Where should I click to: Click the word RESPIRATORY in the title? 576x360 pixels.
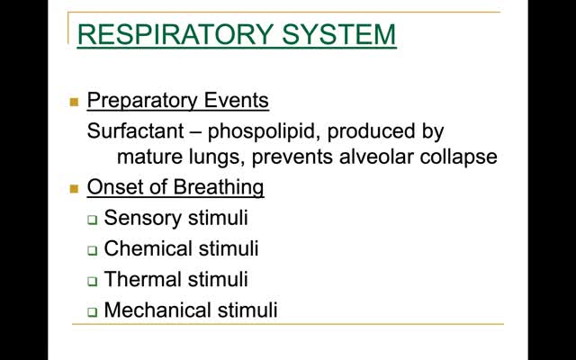(x=175, y=34)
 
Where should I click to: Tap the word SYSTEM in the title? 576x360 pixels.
(x=339, y=34)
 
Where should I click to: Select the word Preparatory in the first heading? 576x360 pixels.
(x=142, y=101)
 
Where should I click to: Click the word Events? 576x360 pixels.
(x=236, y=100)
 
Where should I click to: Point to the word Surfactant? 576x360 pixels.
(x=135, y=130)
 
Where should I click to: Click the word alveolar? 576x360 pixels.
(x=376, y=157)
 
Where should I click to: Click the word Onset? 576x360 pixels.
(x=115, y=186)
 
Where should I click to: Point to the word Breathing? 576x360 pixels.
(x=219, y=188)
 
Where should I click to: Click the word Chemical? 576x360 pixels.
(x=148, y=248)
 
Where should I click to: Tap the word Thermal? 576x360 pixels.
(x=142, y=279)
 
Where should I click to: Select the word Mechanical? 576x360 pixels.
(x=158, y=310)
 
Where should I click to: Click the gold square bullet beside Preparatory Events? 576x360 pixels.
(x=74, y=102)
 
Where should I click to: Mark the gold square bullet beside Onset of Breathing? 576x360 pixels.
(x=74, y=189)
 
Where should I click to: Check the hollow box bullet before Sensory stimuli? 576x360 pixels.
(x=93, y=220)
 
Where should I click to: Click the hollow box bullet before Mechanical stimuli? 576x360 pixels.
(x=93, y=312)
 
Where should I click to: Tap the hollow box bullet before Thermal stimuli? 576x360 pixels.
(x=93, y=282)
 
